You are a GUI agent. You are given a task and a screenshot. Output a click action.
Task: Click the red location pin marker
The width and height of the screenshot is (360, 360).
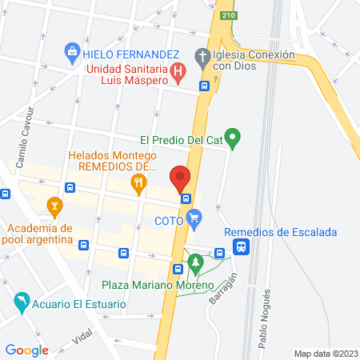180,177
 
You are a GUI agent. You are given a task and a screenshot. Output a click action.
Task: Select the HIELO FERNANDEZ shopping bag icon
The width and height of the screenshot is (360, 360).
72,54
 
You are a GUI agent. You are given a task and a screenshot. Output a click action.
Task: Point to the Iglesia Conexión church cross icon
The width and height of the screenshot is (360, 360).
202,56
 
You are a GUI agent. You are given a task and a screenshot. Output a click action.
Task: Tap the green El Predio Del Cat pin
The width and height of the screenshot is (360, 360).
233,138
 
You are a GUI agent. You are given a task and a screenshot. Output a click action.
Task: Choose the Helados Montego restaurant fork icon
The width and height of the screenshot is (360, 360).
139,185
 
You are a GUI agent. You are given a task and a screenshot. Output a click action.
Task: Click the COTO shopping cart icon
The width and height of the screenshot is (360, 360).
194,216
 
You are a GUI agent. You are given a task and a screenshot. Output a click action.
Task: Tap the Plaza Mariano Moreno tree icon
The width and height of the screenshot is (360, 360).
195,262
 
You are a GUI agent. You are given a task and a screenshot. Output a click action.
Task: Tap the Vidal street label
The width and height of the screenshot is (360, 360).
82,337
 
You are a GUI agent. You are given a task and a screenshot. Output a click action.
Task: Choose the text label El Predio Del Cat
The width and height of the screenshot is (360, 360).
180,138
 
